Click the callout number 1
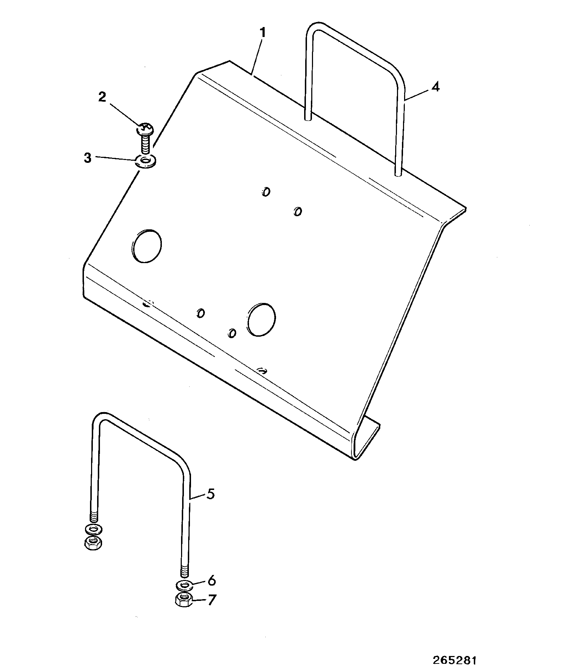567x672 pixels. (x=262, y=33)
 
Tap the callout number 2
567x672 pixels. (x=102, y=97)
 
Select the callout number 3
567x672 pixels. (x=88, y=158)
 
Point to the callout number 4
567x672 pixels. (x=436, y=87)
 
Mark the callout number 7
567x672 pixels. (x=212, y=600)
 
